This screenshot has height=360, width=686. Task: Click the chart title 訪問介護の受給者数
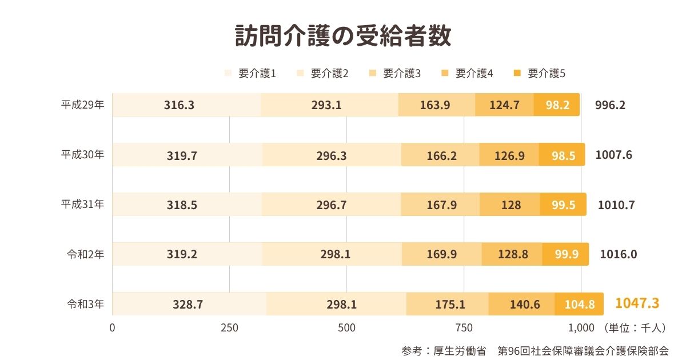[343, 36]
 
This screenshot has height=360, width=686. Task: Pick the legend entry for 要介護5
[540, 73]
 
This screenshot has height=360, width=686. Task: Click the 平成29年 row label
[83, 105]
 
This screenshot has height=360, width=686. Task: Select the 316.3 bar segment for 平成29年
[186, 105]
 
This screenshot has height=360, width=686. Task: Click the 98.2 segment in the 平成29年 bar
[557, 105]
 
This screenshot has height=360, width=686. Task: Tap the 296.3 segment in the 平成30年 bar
[332, 155]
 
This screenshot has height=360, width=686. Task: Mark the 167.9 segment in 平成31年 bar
[441, 205]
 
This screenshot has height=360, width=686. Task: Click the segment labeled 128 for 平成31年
[510, 205]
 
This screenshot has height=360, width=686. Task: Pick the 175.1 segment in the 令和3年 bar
[448, 304]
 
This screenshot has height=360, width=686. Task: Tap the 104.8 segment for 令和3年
[579, 304]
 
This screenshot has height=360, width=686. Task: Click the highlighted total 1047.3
[637, 303]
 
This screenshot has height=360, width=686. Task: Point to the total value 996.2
[611, 105]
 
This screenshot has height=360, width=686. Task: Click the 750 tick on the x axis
[464, 328]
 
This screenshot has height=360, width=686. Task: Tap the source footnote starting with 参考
[535, 350]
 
